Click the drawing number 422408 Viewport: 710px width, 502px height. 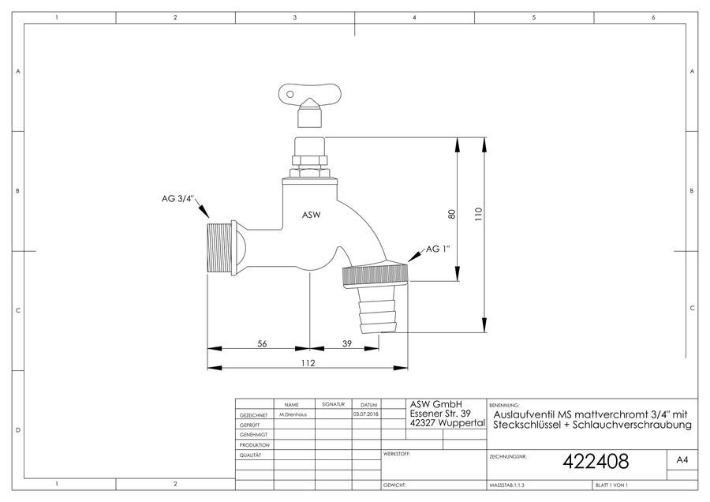[x=596, y=461]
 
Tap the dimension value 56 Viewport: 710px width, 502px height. [x=262, y=343]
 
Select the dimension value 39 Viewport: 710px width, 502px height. [x=347, y=343]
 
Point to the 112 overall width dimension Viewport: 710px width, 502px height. [x=308, y=363]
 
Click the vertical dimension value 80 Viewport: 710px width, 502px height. [x=451, y=215]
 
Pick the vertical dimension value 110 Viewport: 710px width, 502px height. [x=479, y=215]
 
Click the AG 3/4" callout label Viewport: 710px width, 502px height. [x=177, y=198]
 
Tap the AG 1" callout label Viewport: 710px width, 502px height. [x=438, y=249]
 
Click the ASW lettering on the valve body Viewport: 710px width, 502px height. [x=311, y=215]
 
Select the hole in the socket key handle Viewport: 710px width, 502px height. [x=290, y=94]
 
